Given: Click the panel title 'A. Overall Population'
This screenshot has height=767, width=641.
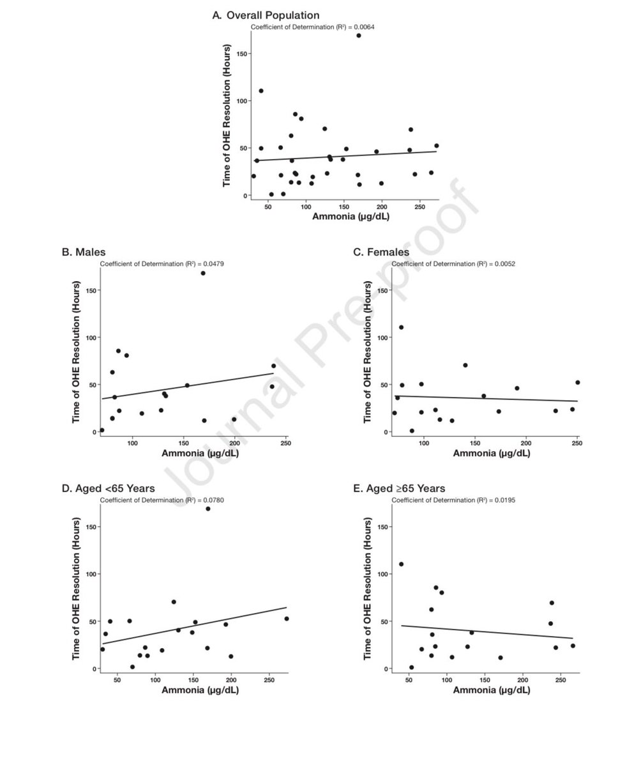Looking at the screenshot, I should (x=266, y=15).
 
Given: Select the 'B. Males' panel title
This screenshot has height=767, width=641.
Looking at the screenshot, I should (x=84, y=252).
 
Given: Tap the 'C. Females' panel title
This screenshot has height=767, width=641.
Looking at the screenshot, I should (x=381, y=252).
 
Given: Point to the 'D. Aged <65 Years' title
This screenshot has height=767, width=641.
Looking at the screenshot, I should (x=108, y=489).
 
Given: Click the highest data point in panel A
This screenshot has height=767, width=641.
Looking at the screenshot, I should (x=359, y=36).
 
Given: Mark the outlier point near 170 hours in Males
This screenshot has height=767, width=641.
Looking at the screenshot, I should (x=203, y=273).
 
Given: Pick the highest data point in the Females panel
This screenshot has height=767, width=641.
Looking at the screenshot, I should (x=401, y=327).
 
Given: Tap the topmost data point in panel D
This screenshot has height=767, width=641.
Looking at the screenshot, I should (x=208, y=509).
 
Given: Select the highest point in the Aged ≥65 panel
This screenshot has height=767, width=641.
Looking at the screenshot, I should (x=401, y=564).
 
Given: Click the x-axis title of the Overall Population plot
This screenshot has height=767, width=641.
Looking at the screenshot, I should (x=351, y=217).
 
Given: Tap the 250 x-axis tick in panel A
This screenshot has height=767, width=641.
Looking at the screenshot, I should (x=420, y=206).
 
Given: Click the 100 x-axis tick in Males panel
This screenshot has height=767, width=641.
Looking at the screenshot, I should (x=132, y=443).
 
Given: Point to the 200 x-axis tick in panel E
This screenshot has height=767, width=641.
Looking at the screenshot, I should (x=523, y=679).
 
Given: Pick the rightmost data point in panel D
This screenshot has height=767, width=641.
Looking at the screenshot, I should (x=286, y=619).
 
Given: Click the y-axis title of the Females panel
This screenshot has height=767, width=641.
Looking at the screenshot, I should (x=368, y=351).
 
